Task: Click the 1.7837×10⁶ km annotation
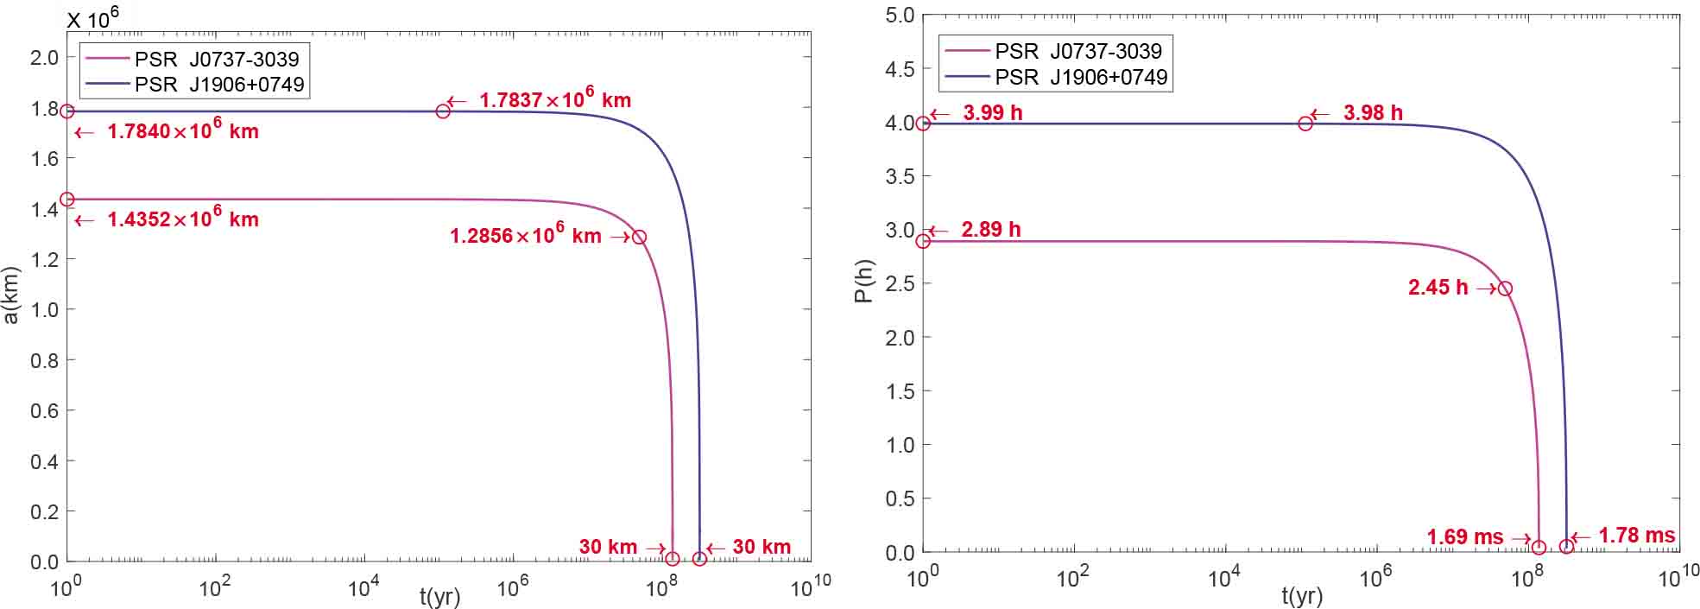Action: coord(555,99)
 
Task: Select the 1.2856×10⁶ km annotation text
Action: coord(525,236)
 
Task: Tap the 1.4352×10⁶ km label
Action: coord(182,219)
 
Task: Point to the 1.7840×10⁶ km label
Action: coord(182,131)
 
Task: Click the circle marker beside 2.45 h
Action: coord(1505,289)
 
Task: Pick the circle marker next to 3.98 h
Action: coord(1305,124)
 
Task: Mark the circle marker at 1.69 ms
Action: coord(1539,547)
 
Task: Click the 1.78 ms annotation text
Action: coord(1636,536)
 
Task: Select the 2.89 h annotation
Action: coord(990,230)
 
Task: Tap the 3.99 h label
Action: coord(992,112)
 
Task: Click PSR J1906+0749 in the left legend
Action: coord(218,85)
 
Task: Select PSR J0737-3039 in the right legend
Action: coord(1078,52)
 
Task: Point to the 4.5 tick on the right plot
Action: coord(900,69)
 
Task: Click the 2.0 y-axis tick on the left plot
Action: coord(44,58)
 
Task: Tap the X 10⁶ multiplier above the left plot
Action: coord(93,18)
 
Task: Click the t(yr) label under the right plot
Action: coord(1301,596)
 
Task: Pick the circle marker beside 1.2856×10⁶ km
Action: coord(639,237)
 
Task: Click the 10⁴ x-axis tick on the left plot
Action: coord(363,588)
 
